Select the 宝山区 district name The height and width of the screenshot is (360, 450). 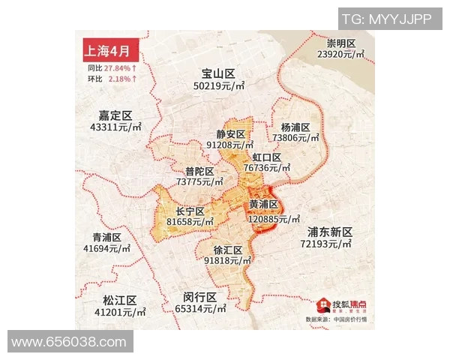tap(218, 73)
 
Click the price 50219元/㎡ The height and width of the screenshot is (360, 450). tap(219, 86)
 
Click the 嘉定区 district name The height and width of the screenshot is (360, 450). tap(115, 115)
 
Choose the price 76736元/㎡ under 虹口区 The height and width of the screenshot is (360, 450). tap(271, 169)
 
